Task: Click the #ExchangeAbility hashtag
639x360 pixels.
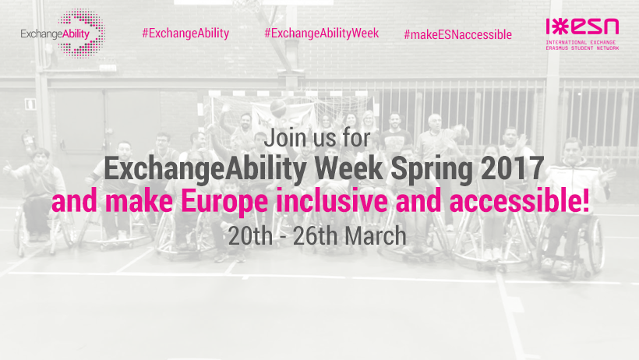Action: click(185, 33)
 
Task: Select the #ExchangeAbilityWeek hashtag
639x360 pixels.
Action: click(322, 33)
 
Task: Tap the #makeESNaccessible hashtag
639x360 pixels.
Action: click(457, 34)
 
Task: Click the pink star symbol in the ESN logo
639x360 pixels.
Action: click(561, 27)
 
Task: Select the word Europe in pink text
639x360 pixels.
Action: click(224, 202)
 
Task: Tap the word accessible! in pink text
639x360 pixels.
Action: click(519, 200)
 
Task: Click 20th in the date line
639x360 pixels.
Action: click(250, 235)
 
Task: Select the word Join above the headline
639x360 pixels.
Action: click(285, 138)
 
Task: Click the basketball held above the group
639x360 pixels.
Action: click(278, 108)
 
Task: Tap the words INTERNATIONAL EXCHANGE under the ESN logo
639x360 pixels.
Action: click(581, 42)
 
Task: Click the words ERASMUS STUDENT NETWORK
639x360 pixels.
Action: click(582, 48)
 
